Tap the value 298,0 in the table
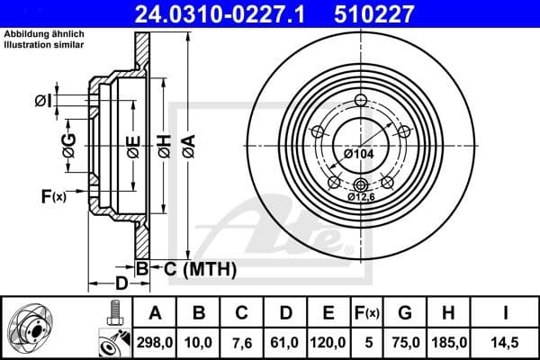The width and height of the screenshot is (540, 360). pyautogui.click(x=156, y=343)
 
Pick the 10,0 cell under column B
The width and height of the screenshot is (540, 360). pyautogui.click(x=200, y=343)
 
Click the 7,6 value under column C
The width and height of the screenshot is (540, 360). pyautogui.click(x=243, y=343)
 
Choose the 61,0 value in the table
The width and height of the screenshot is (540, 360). pyautogui.click(x=286, y=343)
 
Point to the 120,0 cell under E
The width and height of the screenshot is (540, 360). pyautogui.click(x=329, y=343)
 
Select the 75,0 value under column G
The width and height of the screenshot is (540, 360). pyautogui.click(x=405, y=343)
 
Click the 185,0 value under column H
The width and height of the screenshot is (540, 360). pyautogui.click(x=448, y=343)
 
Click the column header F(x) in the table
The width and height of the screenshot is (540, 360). pyautogui.click(x=367, y=314)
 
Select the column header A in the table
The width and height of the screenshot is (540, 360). pyautogui.click(x=156, y=314)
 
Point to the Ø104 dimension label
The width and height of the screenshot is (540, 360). pyautogui.click(x=357, y=154)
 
